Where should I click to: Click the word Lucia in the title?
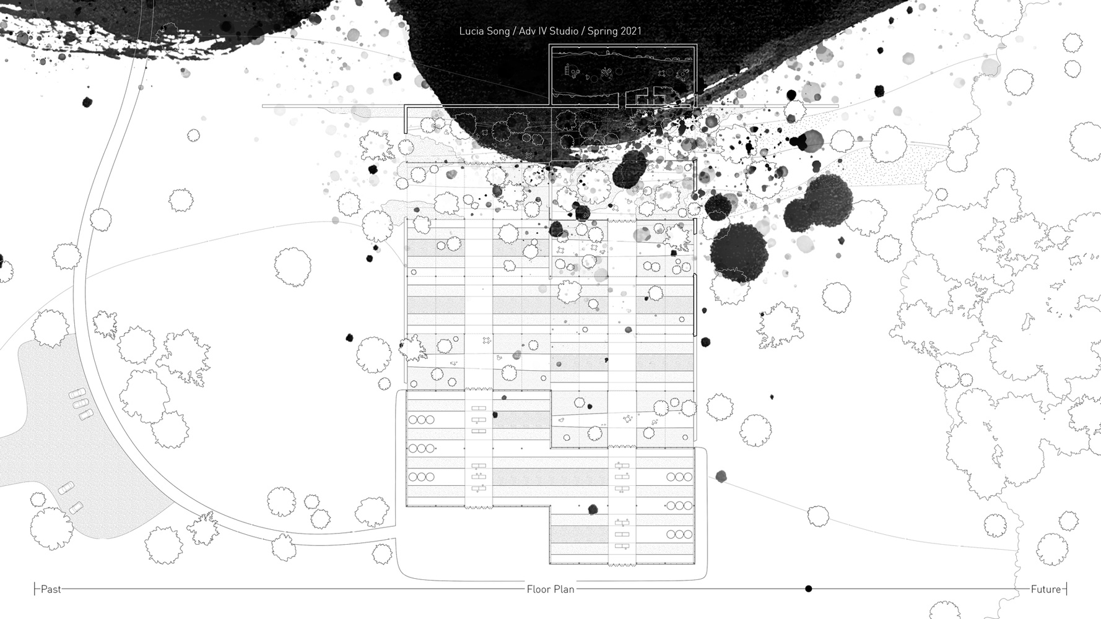[471, 31]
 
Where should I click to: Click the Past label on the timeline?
[51, 589]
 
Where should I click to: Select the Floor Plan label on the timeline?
[550, 589]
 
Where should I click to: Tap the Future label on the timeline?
[1046, 589]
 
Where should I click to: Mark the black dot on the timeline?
[808, 589]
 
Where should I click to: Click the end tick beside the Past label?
[35, 589]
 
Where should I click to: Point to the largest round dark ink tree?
[739, 253]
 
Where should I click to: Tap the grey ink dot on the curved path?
[721, 476]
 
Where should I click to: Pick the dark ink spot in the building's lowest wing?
[593, 509]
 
